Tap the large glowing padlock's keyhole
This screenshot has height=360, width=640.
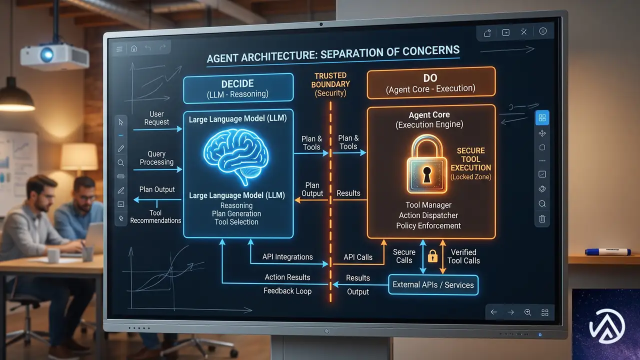pyautogui.click(x=427, y=175)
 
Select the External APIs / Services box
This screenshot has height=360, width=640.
pyautogui.click(x=433, y=285)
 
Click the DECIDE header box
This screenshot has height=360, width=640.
pyautogui.click(x=238, y=88)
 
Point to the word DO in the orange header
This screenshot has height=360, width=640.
pyautogui.click(x=430, y=78)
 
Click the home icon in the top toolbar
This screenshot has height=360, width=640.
pyautogui.click(x=134, y=48)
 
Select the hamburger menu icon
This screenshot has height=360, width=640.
pyautogui.click(x=119, y=49)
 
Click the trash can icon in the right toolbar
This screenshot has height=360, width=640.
pyautogui.click(x=542, y=219)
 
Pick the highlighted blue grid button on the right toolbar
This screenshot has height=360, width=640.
pyautogui.click(x=542, y=117)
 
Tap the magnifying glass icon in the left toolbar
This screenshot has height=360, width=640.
pyautogui.click(x=121, y=163)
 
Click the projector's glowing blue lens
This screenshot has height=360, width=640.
pyautogui.click(x=47, y=54)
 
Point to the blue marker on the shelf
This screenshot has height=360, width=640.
pyautogui.click(x=608, y=251)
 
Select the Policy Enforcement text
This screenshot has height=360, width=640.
pyautogui.click(x=428, y=225)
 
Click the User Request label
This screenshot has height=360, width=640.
pyautogui.click(x=156, y=118)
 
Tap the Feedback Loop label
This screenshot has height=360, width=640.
pyautogui.click(x=287, y=291)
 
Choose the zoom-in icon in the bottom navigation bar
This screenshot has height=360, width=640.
pyautogui.click(x=527, y=312)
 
